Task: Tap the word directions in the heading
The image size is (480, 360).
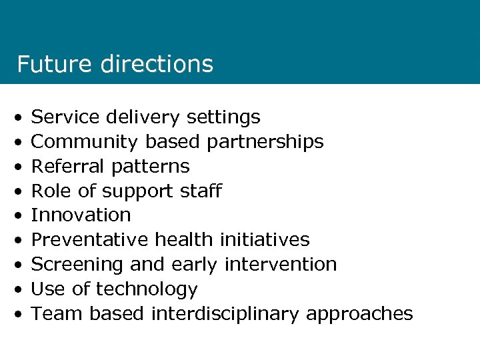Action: (157, 64)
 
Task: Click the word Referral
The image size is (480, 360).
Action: (66, 166)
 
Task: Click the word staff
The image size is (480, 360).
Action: (201, 191)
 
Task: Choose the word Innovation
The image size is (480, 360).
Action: (81, 215)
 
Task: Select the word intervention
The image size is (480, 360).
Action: (280, 264)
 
